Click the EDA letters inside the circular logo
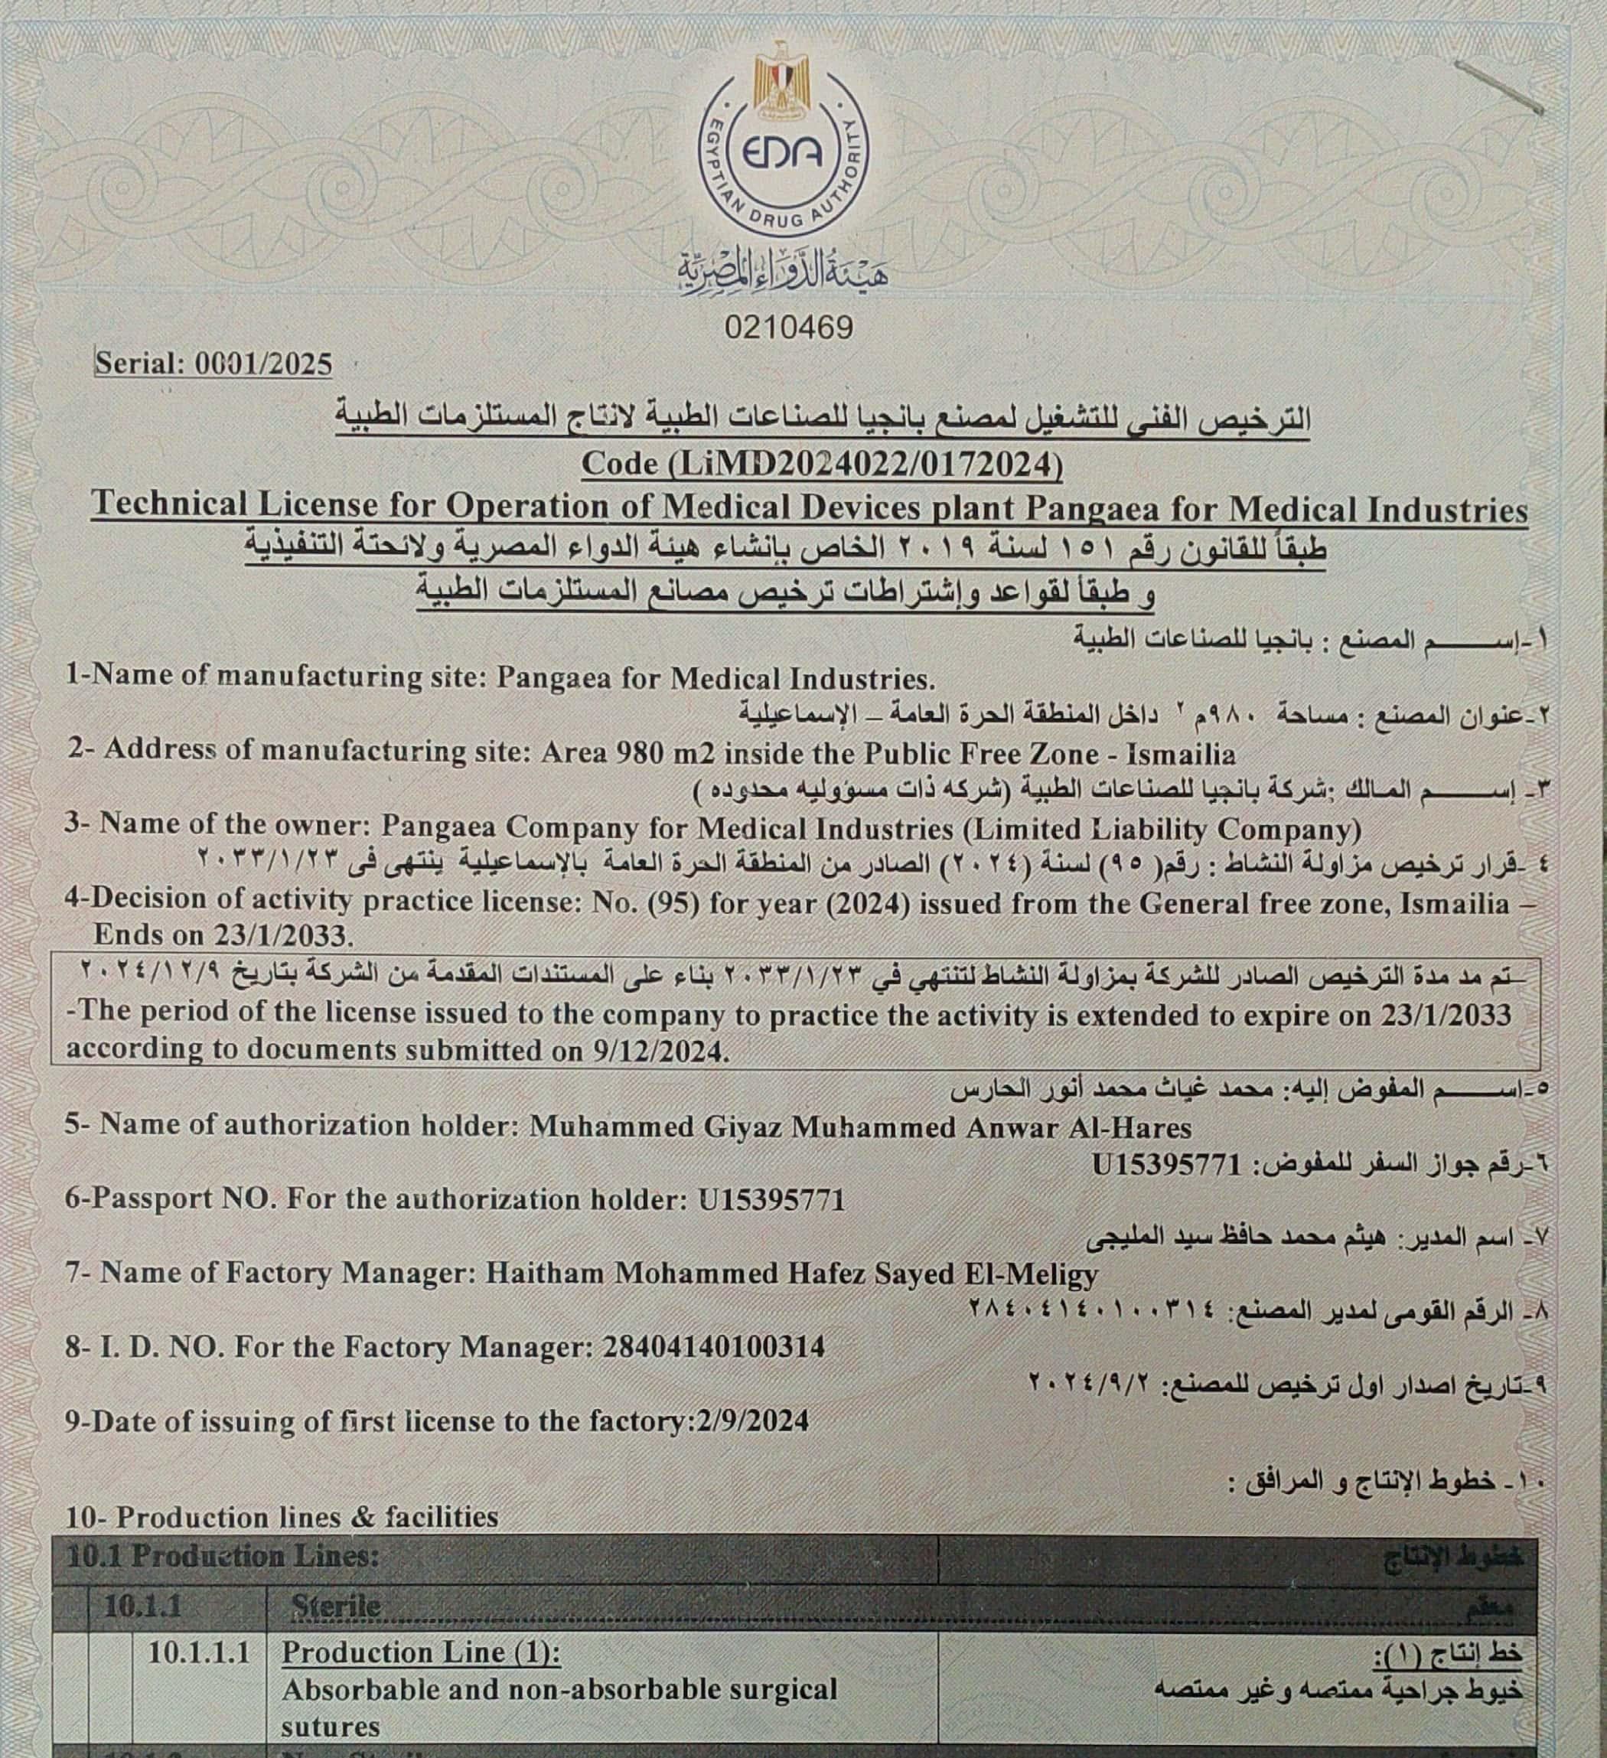[782, 154]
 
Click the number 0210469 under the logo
[788, 327]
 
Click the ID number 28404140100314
[713, 1347]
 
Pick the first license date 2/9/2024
[752, 1421]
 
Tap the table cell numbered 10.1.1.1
[199, 1652]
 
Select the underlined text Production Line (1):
[420, 1652]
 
